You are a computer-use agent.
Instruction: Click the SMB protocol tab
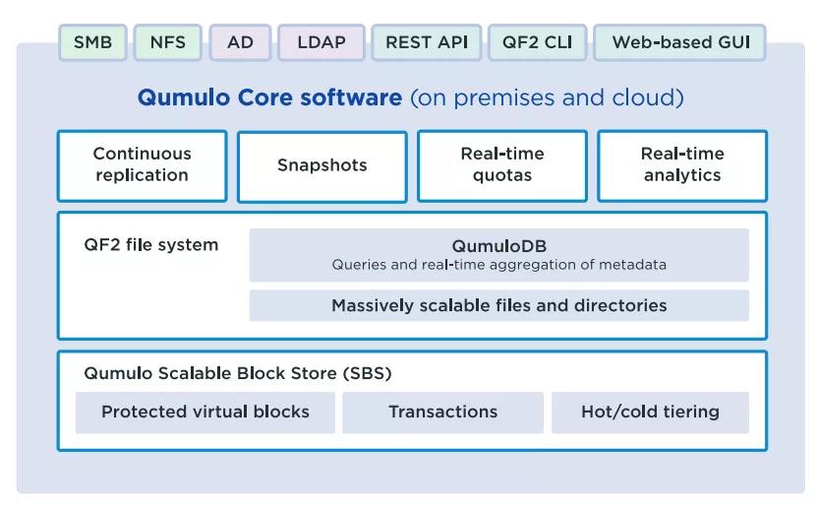click(92, 42)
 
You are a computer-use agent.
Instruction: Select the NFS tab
click(167, 42)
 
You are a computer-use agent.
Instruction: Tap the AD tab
click(240, 42)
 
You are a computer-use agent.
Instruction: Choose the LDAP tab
click(321, 42)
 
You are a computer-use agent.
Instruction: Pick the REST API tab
click(427, 42)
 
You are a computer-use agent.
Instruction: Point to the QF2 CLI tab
click(538, 42)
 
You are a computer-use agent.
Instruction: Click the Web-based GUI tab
click(679, 42)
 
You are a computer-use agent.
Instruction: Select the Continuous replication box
click(142, 165)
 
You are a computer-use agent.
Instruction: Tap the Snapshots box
click(321, 166)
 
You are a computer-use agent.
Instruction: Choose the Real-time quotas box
click(501, 165)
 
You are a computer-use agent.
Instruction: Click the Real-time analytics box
click(682, 165)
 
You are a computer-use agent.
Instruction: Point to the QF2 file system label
click(150, 244)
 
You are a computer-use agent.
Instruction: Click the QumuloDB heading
click(499, 245)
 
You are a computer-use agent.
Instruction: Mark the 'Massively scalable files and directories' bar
click(499, 305)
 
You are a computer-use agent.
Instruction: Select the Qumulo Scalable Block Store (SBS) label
click(237, 373)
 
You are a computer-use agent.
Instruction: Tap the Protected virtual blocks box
click(205, 413)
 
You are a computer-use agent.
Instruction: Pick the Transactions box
click(442, 413)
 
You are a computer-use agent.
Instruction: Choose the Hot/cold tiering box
click(650, 413)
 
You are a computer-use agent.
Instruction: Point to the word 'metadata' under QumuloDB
click(632, 264)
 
